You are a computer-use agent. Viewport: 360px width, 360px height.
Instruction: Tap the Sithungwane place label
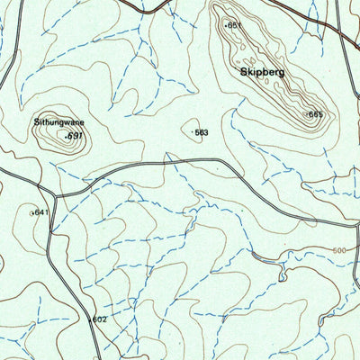click(x=58, y=118)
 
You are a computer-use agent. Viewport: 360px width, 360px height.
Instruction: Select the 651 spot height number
click(x=236, y=25)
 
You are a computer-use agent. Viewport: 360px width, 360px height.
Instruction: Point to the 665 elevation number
click(x=316, y=114)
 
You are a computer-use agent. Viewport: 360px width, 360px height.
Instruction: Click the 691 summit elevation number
click(x=76, y=136)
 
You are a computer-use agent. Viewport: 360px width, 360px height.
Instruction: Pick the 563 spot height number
click(x=202, y=132)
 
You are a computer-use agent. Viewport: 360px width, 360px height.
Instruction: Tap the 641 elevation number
click(x=40, y=213)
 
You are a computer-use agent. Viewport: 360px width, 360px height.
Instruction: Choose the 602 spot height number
click(x=100, y=319)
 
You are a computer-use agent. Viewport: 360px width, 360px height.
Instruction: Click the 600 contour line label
click(x=338, y=251)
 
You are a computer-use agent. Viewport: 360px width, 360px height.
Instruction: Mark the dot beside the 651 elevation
click(x=226, y=25)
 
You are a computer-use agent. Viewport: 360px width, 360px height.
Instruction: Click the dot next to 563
click(x=193, y=132)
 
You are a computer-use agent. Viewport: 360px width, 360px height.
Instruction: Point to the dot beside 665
click(x=307, y=113)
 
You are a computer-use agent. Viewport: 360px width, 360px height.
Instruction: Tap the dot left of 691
click(x=67, y=136)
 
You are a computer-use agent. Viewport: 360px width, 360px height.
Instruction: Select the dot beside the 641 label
click(x=32, y=213)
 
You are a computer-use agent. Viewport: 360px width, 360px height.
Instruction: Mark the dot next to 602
click(x=91, y=319)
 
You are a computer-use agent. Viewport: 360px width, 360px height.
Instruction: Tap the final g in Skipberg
click(x=282, y=72)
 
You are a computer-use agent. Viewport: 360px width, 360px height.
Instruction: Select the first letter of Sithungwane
click(x=38, y=118)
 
